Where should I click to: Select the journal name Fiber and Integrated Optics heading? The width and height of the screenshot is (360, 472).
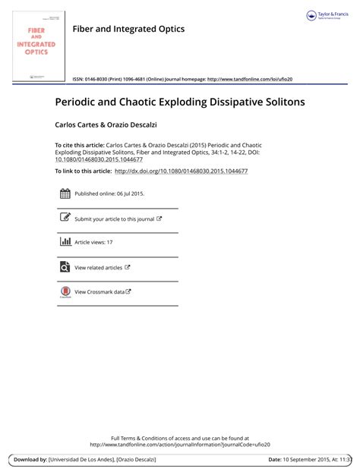tap(128, 29)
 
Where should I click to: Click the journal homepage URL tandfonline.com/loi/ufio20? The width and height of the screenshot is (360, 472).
tap(249, 79)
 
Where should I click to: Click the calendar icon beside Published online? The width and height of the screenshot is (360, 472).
tap(65, 194)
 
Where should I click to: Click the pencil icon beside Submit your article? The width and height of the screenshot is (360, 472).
tap(65, 219)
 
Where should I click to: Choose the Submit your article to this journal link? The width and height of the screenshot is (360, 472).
tap(115, 219)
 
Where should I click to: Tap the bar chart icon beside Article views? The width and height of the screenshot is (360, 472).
tap(65, 242)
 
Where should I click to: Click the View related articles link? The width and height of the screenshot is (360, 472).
tap(99, 267)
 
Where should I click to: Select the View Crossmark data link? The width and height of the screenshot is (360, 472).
tap(99, 291)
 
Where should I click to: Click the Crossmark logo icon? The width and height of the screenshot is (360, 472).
tap(65, 291)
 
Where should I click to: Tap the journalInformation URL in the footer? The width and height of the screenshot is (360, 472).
tap(180, 445)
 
